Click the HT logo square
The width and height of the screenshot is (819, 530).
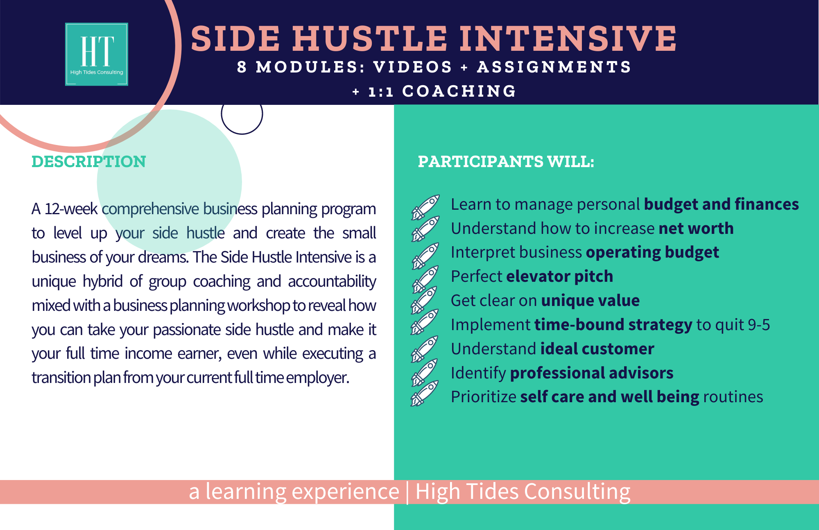click(x=97, y=54)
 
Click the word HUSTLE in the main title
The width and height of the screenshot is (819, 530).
click(x=370, y=39)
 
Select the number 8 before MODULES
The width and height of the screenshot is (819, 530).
click(x=242, y=67)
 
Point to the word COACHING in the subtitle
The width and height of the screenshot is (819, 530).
click(x=459, y=91)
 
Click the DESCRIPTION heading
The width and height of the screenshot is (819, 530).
click(x=89, y=161)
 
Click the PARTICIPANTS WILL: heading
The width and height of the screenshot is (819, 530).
click(x=506, y=161)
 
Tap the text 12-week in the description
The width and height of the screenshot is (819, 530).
click(x=71, y=209)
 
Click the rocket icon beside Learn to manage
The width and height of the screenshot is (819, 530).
click(x=425, y=207)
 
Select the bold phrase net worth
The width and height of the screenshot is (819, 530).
click(x=696, y=228)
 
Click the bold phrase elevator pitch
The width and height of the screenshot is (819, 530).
click(x=560, y=276)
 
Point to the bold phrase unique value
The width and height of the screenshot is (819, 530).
click(x=590, y=301)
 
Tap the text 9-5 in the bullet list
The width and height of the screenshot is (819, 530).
click(x=759, y=325)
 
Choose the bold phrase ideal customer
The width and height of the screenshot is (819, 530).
click(x=597, y=349)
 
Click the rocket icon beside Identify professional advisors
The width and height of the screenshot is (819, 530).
click(x=425, y=372)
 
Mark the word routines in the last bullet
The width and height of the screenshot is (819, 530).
click(x=733, y=397)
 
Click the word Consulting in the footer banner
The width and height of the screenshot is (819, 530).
click(x=577, y=492)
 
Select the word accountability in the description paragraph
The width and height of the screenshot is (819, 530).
click(x=332, y=282)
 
